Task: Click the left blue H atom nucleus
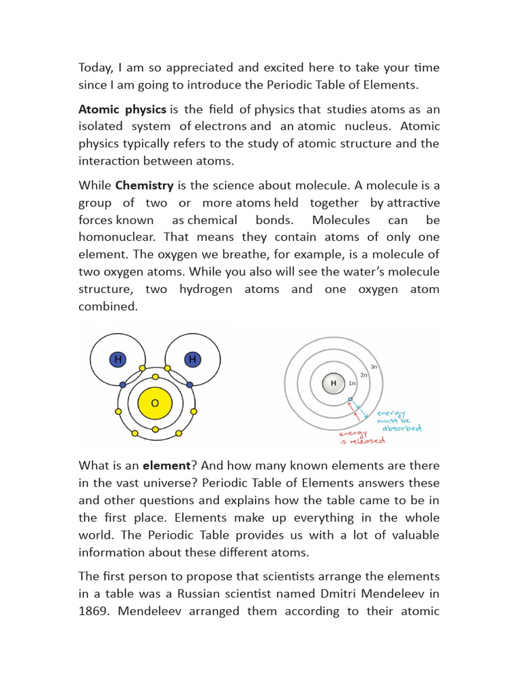(118, 359)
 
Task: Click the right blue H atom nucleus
(192, 359)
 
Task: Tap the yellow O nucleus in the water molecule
(155, 403)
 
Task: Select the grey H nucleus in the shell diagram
(332, 384)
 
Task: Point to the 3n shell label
(374, 366)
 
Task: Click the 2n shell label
(364, 375)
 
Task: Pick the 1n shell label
(351, 384)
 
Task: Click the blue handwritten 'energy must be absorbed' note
(400, 420)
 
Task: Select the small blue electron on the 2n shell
(350, 400)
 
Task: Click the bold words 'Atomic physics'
(122, 109)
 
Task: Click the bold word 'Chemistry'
(145, 185)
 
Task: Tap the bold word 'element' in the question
(163, 466)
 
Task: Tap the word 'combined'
(107, 306)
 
